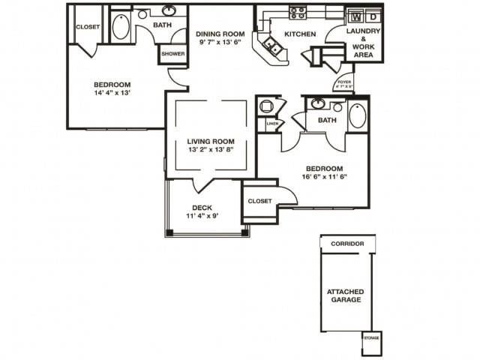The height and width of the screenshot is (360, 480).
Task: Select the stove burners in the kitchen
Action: click(x=298, y=13)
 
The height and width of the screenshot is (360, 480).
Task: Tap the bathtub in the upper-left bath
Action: click(x=121, y=27)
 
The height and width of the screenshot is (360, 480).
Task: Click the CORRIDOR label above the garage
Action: click(x=346, y=244)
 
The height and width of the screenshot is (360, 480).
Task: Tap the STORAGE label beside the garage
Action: click(x=372, y=338)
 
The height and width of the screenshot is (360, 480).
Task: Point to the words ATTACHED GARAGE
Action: click(x=344, y=295)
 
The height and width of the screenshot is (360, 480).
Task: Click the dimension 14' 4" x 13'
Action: click(x=112, y=94)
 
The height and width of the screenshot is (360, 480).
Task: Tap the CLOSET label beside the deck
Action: click(x=259, y=201)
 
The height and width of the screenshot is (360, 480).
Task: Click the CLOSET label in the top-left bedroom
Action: click(x=88, y=27)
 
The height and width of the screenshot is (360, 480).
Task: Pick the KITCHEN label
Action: click(x=300, y=34)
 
